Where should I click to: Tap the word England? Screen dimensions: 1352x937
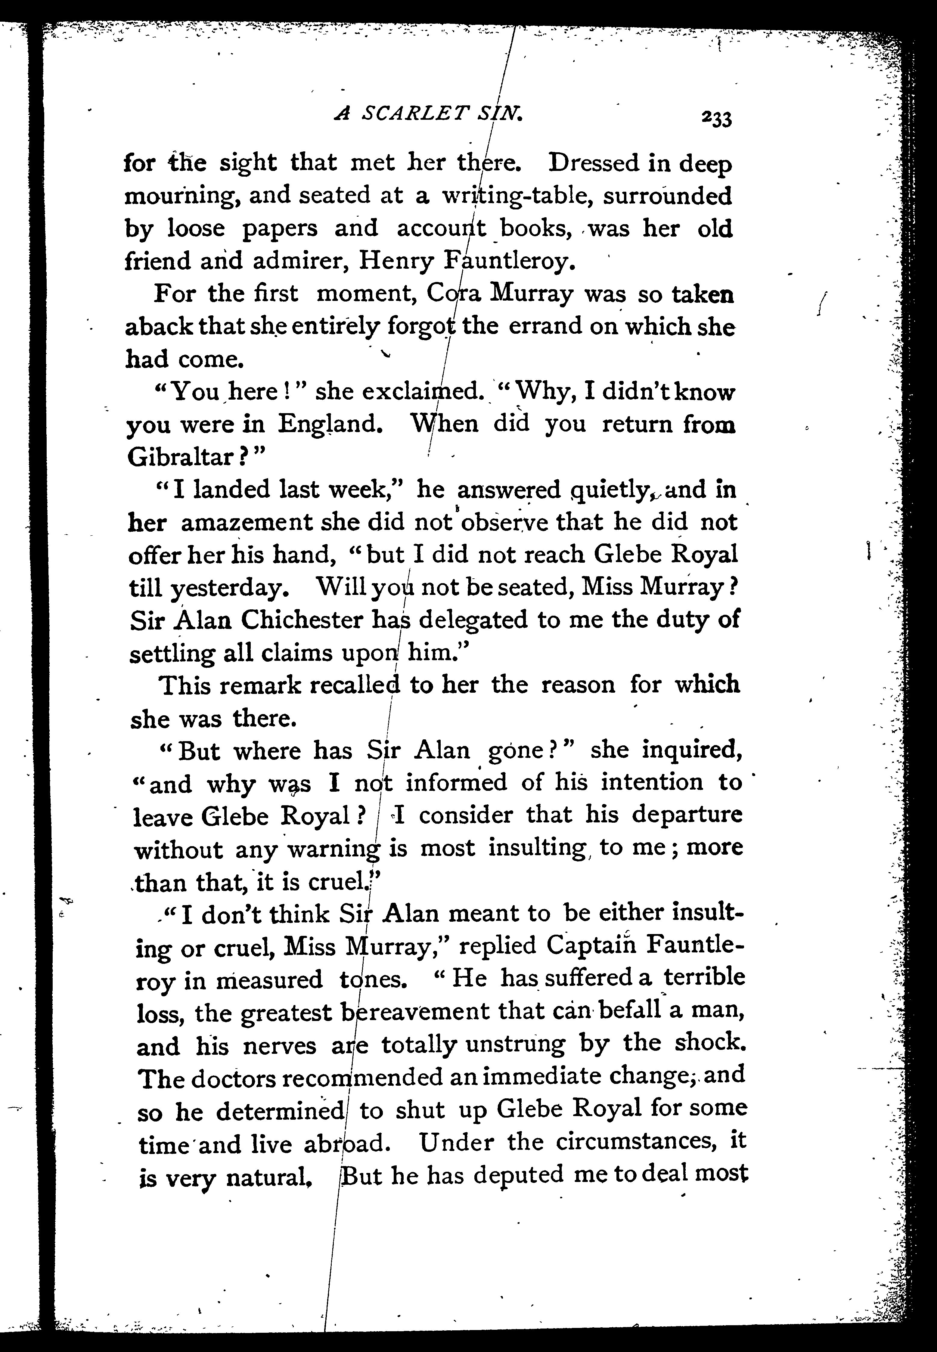[330, 424]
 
